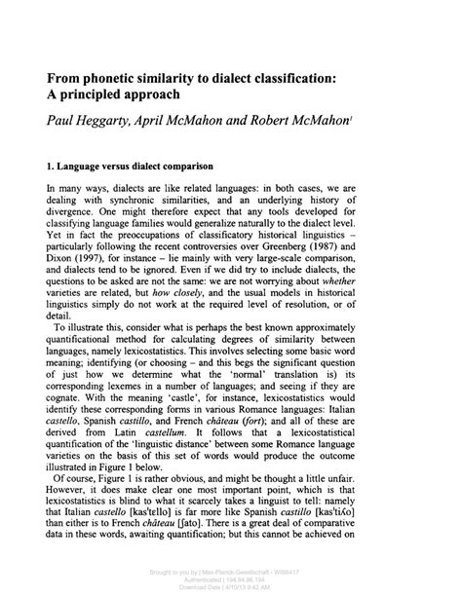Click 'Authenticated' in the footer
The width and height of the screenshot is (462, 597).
[209, 581]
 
